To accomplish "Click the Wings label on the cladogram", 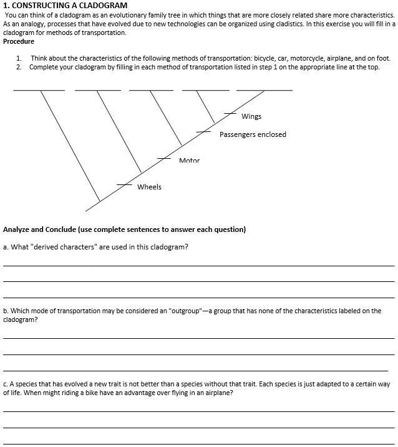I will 251,116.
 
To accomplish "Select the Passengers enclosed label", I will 253,134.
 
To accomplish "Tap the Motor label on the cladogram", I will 189,161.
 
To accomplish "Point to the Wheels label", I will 149,187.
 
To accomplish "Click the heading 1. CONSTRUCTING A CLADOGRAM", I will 65,6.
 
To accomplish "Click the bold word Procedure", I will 19,41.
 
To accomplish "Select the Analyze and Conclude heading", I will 125,229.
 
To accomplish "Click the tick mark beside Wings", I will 230,113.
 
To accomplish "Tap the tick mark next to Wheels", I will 125,185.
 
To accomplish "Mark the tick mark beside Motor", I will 163,159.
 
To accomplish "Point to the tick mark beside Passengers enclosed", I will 203,131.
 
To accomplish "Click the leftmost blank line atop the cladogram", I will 39,91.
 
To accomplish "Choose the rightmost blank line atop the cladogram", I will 264,91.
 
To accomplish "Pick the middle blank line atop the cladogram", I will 151,91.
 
